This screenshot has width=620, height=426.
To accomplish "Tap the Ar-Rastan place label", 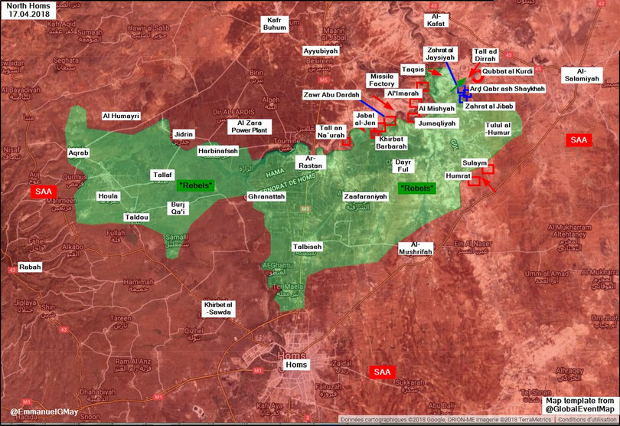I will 315,162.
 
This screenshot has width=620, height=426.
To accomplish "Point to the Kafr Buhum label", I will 274,24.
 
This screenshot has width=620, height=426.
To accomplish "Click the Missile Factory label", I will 381,80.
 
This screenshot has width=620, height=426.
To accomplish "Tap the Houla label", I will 109,196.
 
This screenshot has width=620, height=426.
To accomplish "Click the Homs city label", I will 296,365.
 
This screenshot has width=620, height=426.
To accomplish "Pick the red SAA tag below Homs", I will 382,372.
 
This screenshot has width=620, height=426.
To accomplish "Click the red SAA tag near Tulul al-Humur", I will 578,140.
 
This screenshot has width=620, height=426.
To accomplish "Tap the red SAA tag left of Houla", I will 43,191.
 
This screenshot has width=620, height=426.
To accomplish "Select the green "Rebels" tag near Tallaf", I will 196,185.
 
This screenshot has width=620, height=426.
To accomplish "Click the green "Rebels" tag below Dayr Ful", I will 417,188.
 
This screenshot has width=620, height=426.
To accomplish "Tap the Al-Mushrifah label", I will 416,247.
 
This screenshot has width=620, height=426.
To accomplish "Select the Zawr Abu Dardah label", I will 331,94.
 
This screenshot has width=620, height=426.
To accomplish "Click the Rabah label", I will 31,267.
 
